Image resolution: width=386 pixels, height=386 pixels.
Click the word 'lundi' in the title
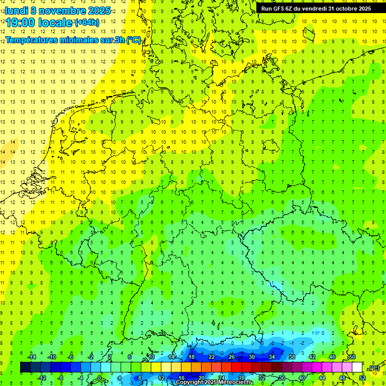coord(16,11)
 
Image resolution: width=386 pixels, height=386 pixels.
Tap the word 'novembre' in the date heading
coord(61,11)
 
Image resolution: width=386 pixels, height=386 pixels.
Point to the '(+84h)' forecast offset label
coord(87,23)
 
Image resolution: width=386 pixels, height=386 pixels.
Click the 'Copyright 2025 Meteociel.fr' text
coord(215,382)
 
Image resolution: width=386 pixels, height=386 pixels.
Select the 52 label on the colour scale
coord(362,378)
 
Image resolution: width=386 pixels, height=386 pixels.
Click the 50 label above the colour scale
coord(352,357)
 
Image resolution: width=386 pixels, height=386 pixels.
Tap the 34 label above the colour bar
coord(272,357)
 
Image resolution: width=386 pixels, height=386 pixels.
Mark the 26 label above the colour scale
coord(232,357)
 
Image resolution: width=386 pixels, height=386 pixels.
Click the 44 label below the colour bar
coord(322,378)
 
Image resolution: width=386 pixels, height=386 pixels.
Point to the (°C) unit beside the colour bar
coord(374,368)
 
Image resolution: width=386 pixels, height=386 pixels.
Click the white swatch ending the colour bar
coord(357,367)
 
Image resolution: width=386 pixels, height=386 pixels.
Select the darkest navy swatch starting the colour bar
coord(25,367)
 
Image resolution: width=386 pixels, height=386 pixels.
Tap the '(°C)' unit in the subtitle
coord(134,40)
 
